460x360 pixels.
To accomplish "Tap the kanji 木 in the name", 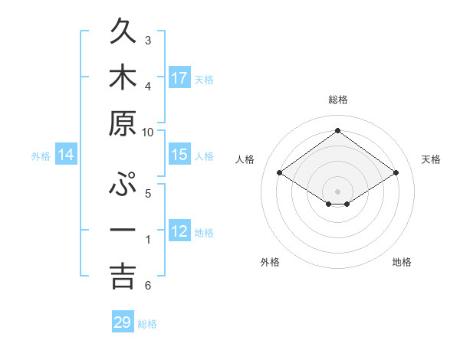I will coord(123,78).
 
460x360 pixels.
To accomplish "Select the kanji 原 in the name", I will coord(123,123).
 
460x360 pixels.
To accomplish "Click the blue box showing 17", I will coord(179,78).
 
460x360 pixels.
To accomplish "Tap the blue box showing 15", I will coord(179,155).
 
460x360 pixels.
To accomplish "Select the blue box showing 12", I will coord(179,231).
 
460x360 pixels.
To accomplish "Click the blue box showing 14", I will coord(66,155).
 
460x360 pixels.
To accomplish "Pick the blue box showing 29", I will coord(123,322).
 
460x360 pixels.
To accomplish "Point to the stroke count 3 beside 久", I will coord(148,40).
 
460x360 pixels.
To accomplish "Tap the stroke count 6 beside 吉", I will coord(148,286).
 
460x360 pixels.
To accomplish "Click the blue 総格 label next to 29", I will coord(148,324).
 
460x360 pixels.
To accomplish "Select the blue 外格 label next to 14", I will coord(41,156).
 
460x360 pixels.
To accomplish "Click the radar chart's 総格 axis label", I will coord(337,100).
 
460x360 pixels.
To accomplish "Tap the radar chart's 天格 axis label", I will coord(431,159).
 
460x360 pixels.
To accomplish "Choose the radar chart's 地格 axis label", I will coord(402,262).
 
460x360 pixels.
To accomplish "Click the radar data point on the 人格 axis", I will coord(280,173).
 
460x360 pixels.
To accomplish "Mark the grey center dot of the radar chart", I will coord(337,191).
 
